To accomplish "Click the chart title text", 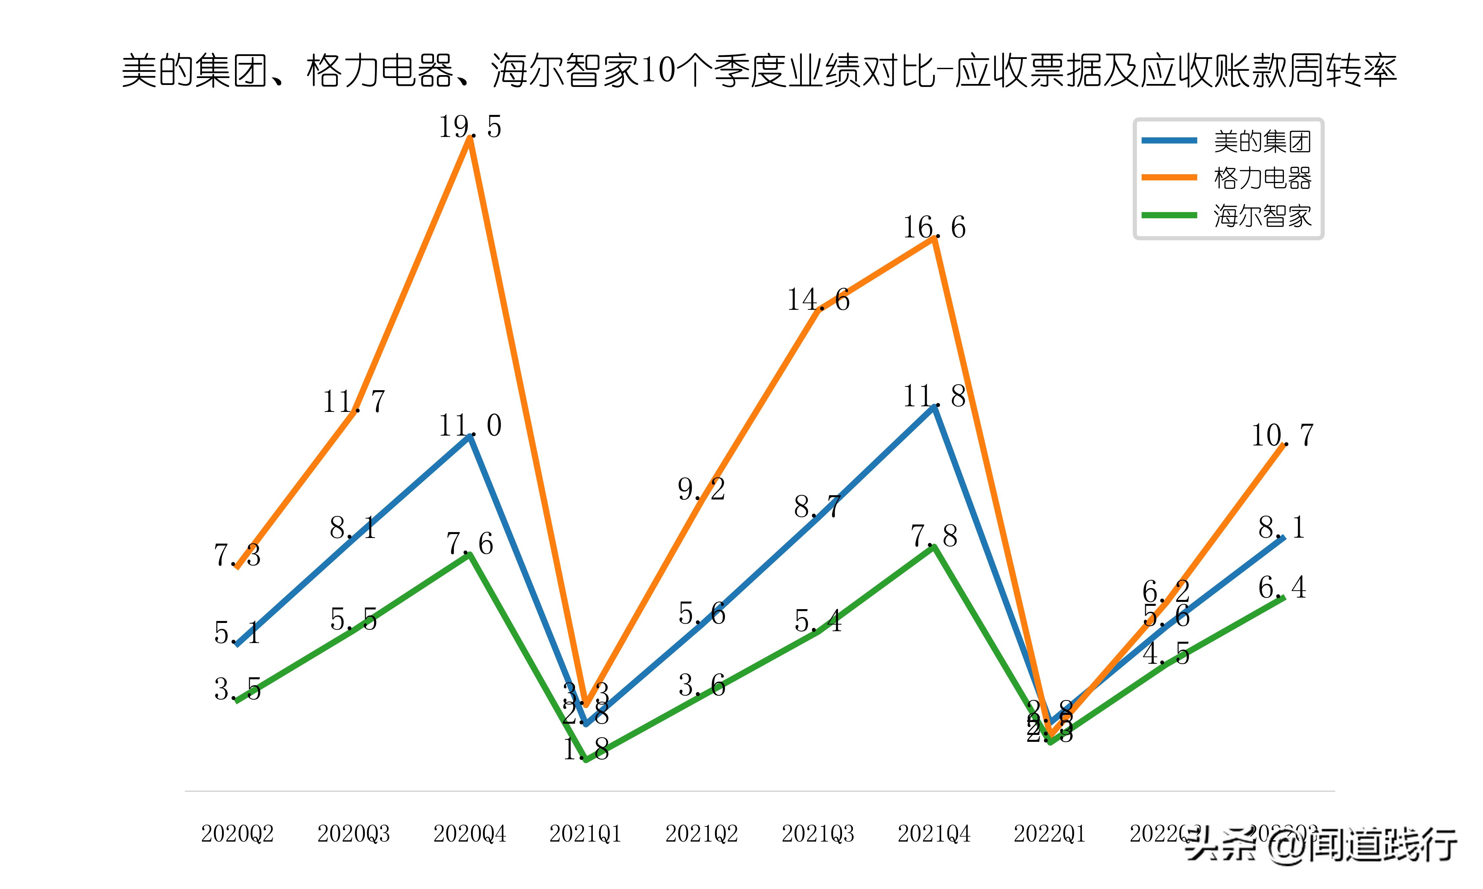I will point(759,71).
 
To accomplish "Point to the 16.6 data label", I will point(934,228).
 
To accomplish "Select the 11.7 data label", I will point(354,401).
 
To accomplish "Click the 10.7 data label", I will point(1282,436).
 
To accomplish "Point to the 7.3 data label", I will point(237,555).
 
